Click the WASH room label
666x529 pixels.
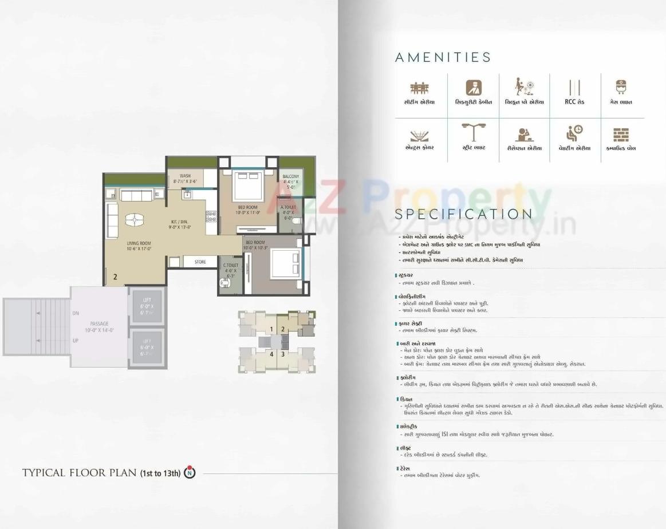click(x=185, y=176)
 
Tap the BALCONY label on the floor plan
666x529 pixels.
click(x=290, y=176)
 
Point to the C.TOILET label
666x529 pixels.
click(x=230, y=265)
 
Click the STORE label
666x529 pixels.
click(x=200, y=262)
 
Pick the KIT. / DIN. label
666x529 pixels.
click(x=179, y=221)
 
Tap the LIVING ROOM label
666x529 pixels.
click(x=139, y=243)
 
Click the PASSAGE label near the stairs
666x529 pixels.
click(x=99, y=323)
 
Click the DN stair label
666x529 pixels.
click(x=76, y=313)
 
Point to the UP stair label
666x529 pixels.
click(x=76, y=340)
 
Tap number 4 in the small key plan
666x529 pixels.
click(x=271, y=354)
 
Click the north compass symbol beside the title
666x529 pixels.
click(x=190, y=473)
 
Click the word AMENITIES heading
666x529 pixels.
click(x=443, y=57)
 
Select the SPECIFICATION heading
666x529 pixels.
click(x=463, y=214)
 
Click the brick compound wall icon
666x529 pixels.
click(x=621, y=135)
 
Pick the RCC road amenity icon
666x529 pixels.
click(x=574, y=88)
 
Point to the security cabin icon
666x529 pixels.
click(x=473, y=88)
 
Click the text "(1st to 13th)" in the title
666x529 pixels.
click(x=160, y=473)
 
